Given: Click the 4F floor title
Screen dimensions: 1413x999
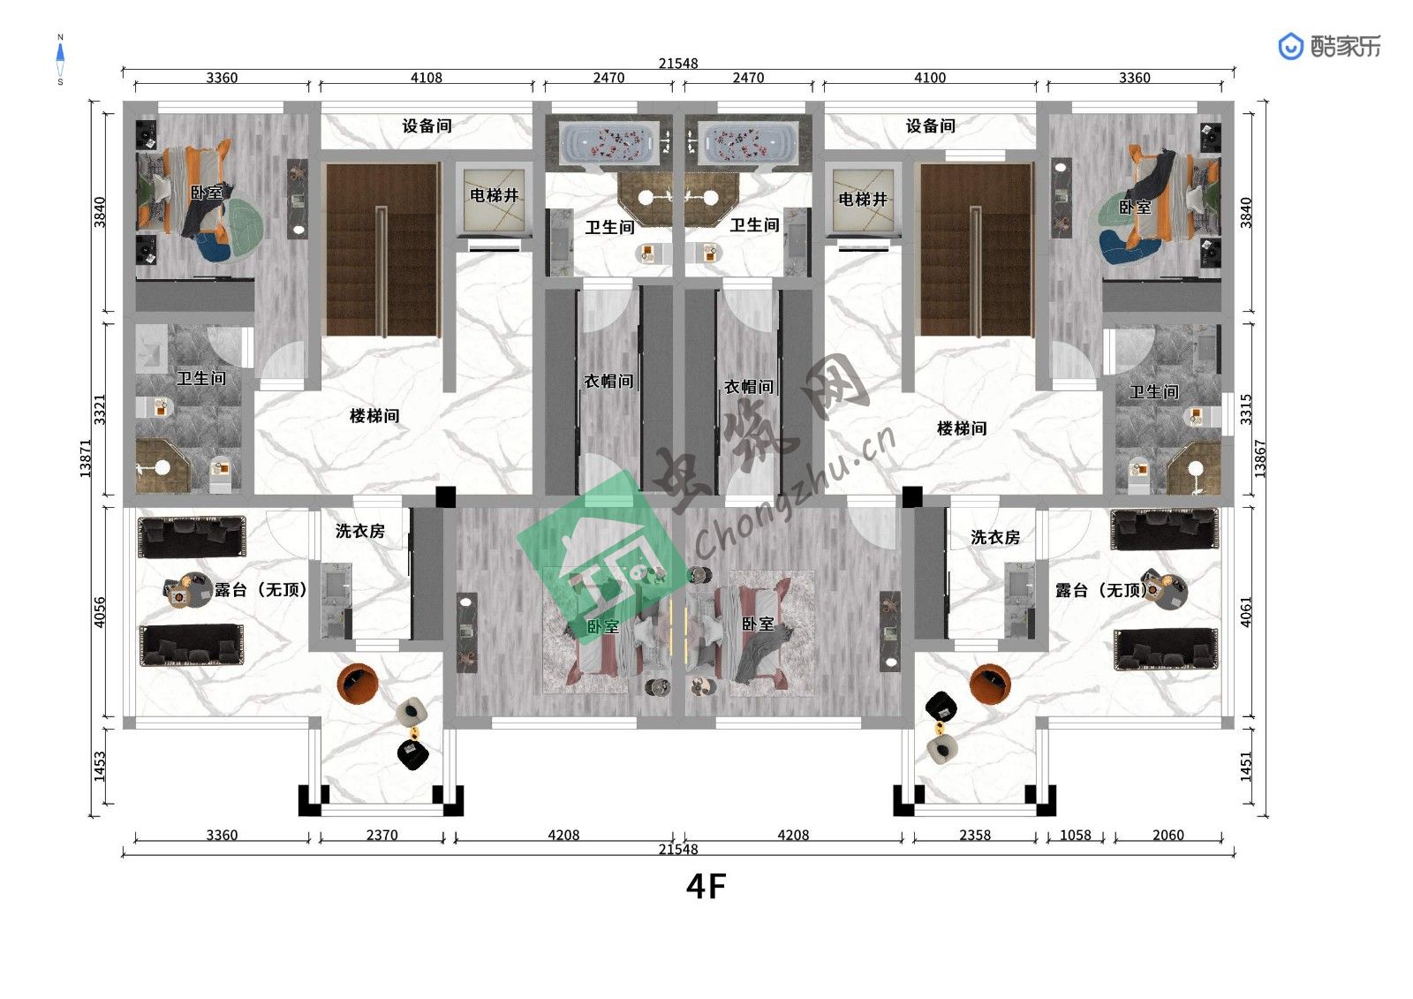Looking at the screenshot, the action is point(706,887).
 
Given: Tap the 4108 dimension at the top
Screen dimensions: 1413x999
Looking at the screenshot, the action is point(427,78).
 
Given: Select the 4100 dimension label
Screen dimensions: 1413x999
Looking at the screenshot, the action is point(930,78).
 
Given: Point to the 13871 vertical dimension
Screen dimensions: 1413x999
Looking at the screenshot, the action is point(85,458).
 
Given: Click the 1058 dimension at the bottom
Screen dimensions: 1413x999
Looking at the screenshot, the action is point(1076,835).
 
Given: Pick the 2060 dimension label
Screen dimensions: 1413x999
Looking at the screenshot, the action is point(1168,835).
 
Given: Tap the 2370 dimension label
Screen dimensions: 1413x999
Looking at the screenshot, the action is point(382,835).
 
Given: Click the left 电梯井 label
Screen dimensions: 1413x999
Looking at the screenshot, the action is point(494,195).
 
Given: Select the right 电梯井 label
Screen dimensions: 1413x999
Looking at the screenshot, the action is point(863,200).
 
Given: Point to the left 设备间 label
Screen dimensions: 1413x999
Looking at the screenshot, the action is point(427,126).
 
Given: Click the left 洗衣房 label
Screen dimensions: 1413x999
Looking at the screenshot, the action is point(360,532).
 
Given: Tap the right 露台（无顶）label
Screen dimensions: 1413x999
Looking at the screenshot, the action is point(1101,590).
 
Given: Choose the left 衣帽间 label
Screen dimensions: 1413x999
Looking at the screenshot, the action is point(608,382).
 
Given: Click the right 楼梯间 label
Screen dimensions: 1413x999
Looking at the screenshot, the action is point(962,429).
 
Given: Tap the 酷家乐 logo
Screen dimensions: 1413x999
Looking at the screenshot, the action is point(1329,47).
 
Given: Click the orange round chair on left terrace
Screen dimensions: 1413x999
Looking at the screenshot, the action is point(358,684).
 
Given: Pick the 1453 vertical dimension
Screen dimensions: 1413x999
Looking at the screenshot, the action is point(100,766).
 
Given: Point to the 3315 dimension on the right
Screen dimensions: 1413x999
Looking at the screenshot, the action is point(1246,410).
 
